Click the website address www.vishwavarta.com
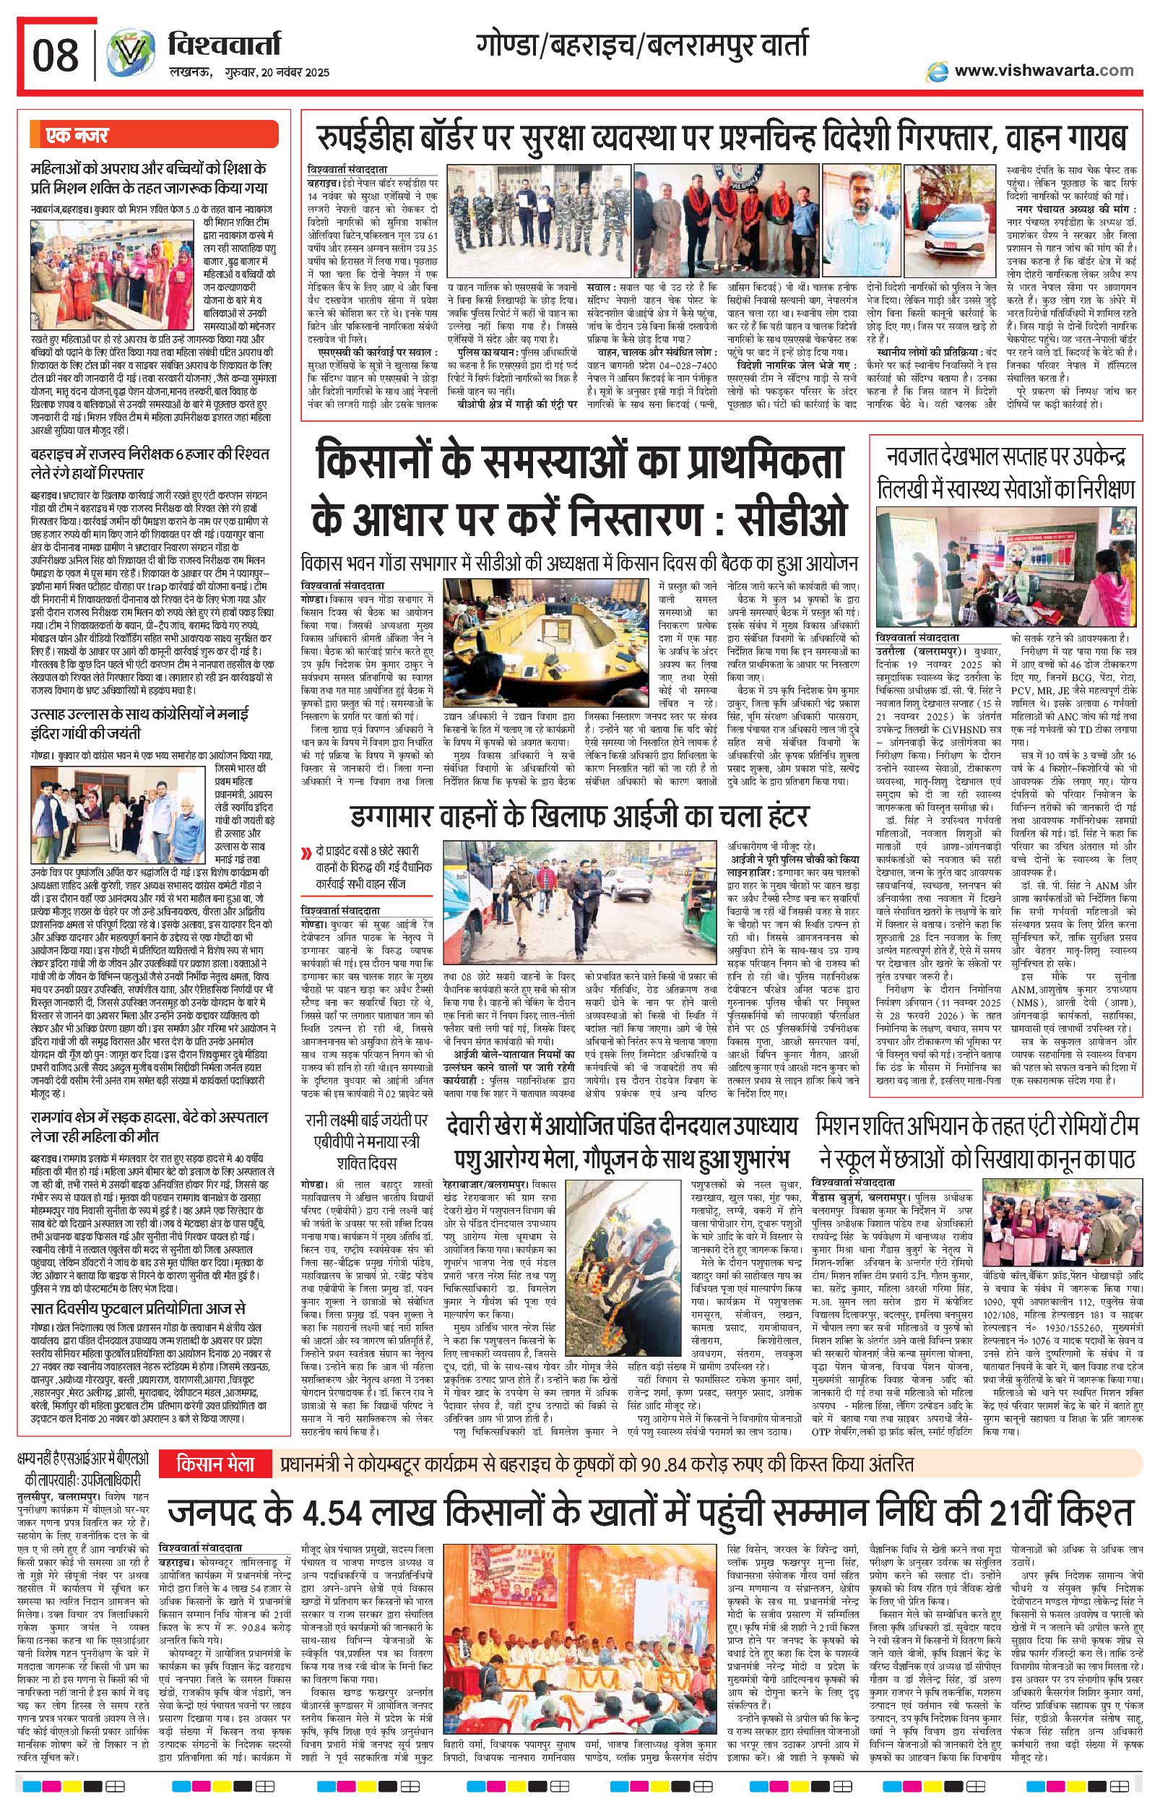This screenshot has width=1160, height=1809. pyautogui.click(x=1043, y=71)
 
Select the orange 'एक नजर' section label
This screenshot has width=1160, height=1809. pyautogui.click(x=153, y=136)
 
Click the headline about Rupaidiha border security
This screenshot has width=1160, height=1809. pyautogui.click(x=721, y=139)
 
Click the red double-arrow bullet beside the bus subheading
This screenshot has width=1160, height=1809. pyautogui.click(x=306, y=854)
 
